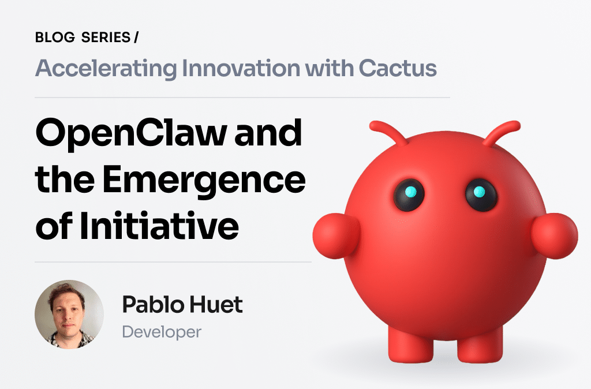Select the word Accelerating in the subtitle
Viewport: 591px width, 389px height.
coord(106,69)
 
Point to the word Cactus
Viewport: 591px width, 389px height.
coord(398,69)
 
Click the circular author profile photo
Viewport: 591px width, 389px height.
coord(69,315)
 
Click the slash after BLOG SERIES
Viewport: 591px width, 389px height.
coord(136,38)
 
